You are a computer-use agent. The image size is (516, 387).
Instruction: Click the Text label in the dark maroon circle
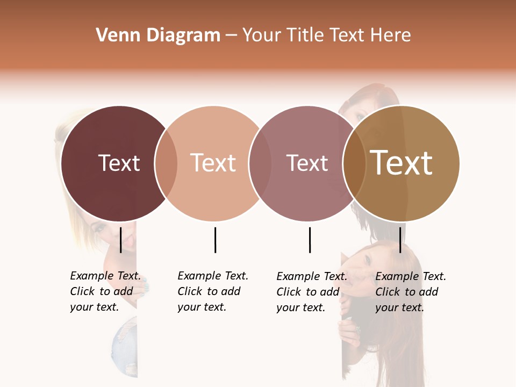[x=119, y=163]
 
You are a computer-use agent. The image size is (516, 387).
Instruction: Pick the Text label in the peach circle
[x=213, y=163]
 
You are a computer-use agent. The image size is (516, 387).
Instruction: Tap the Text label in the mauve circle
[x=307, y=163]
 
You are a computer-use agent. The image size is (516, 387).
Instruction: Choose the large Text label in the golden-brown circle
[x=402, y=163]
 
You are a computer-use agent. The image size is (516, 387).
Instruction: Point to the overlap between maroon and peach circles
[x=166, y=163]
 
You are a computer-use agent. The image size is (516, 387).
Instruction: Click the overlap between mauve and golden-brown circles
[x=354, y=163]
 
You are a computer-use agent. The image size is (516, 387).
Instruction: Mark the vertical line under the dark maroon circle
[x=121, y=240]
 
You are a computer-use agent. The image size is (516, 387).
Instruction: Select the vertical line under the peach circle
[x=215, y=240]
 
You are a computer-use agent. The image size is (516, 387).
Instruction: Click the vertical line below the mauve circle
[x=310, y=240]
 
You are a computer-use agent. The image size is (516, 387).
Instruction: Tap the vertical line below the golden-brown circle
[x=400, y=240]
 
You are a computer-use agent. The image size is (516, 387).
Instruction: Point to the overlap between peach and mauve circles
[x=259, y=163]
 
